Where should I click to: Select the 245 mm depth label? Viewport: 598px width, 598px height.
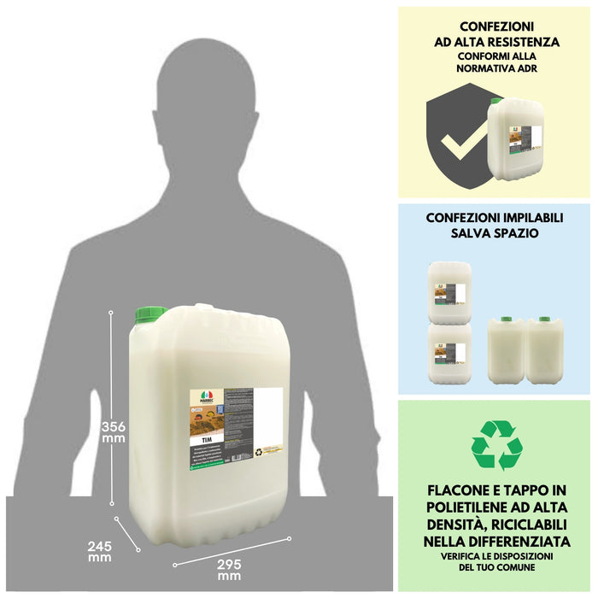point(99,551)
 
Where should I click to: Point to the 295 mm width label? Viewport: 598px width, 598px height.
point(229,569)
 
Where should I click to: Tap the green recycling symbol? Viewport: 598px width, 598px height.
point(496,444)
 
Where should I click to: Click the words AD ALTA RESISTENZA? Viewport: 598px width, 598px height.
point(496,41)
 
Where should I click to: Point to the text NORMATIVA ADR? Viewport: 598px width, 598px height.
point(496,71)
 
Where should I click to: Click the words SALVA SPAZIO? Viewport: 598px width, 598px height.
point(496,233)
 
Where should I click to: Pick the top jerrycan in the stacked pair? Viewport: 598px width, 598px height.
point(449,291)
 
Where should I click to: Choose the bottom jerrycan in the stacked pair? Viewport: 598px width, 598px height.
point(449,353)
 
